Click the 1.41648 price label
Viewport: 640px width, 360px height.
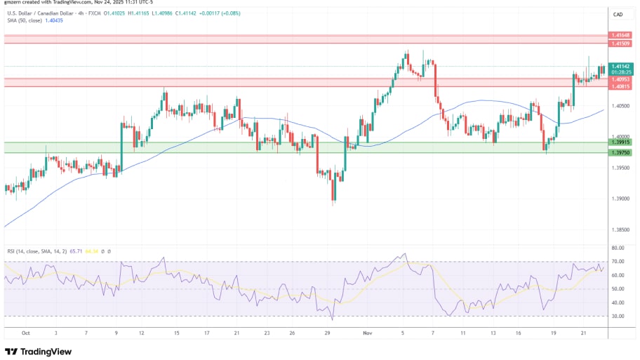(x=620, y=34)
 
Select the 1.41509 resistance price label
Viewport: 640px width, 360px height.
(x=620, y=44)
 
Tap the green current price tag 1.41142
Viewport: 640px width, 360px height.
(x=620, y=66)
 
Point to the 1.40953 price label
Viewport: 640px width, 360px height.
(x=620, y=79)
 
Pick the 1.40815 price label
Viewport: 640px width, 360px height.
(x=620, y=86)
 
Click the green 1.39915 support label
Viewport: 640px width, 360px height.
(x=620, y=142)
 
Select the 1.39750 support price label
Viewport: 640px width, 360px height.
(x=620, y=152)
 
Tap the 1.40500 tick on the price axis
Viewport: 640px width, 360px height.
(x=620, y=106)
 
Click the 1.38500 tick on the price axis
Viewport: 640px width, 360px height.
(x=620, y=229)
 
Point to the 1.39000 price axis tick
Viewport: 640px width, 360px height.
(x=620, y=199)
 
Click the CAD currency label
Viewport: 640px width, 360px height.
(x=618, y=14)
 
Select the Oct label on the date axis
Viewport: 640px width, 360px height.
(x=26, y=333)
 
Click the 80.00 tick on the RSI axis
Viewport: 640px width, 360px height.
(x=618, y=248)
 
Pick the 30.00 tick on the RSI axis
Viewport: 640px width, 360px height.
(x=618, y=316)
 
